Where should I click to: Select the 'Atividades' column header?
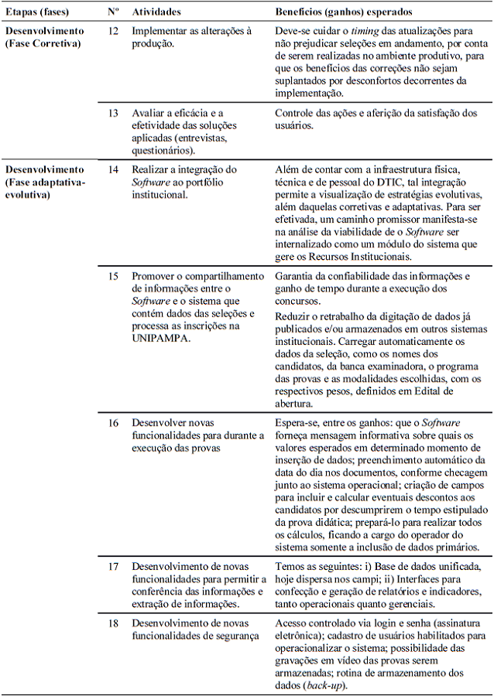(x=156, y=13)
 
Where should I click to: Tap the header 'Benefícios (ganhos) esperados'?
(x=344, y=13)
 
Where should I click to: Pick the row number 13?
(x=113, y=113)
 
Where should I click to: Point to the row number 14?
(x=113, y=169)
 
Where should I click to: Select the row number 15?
(x=113, y=276)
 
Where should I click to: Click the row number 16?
(x=113, y=423)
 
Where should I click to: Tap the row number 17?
(x=113, y=566)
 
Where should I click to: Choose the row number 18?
(x=113, y=623)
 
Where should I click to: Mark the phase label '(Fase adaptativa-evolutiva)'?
(x=45, y=187)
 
